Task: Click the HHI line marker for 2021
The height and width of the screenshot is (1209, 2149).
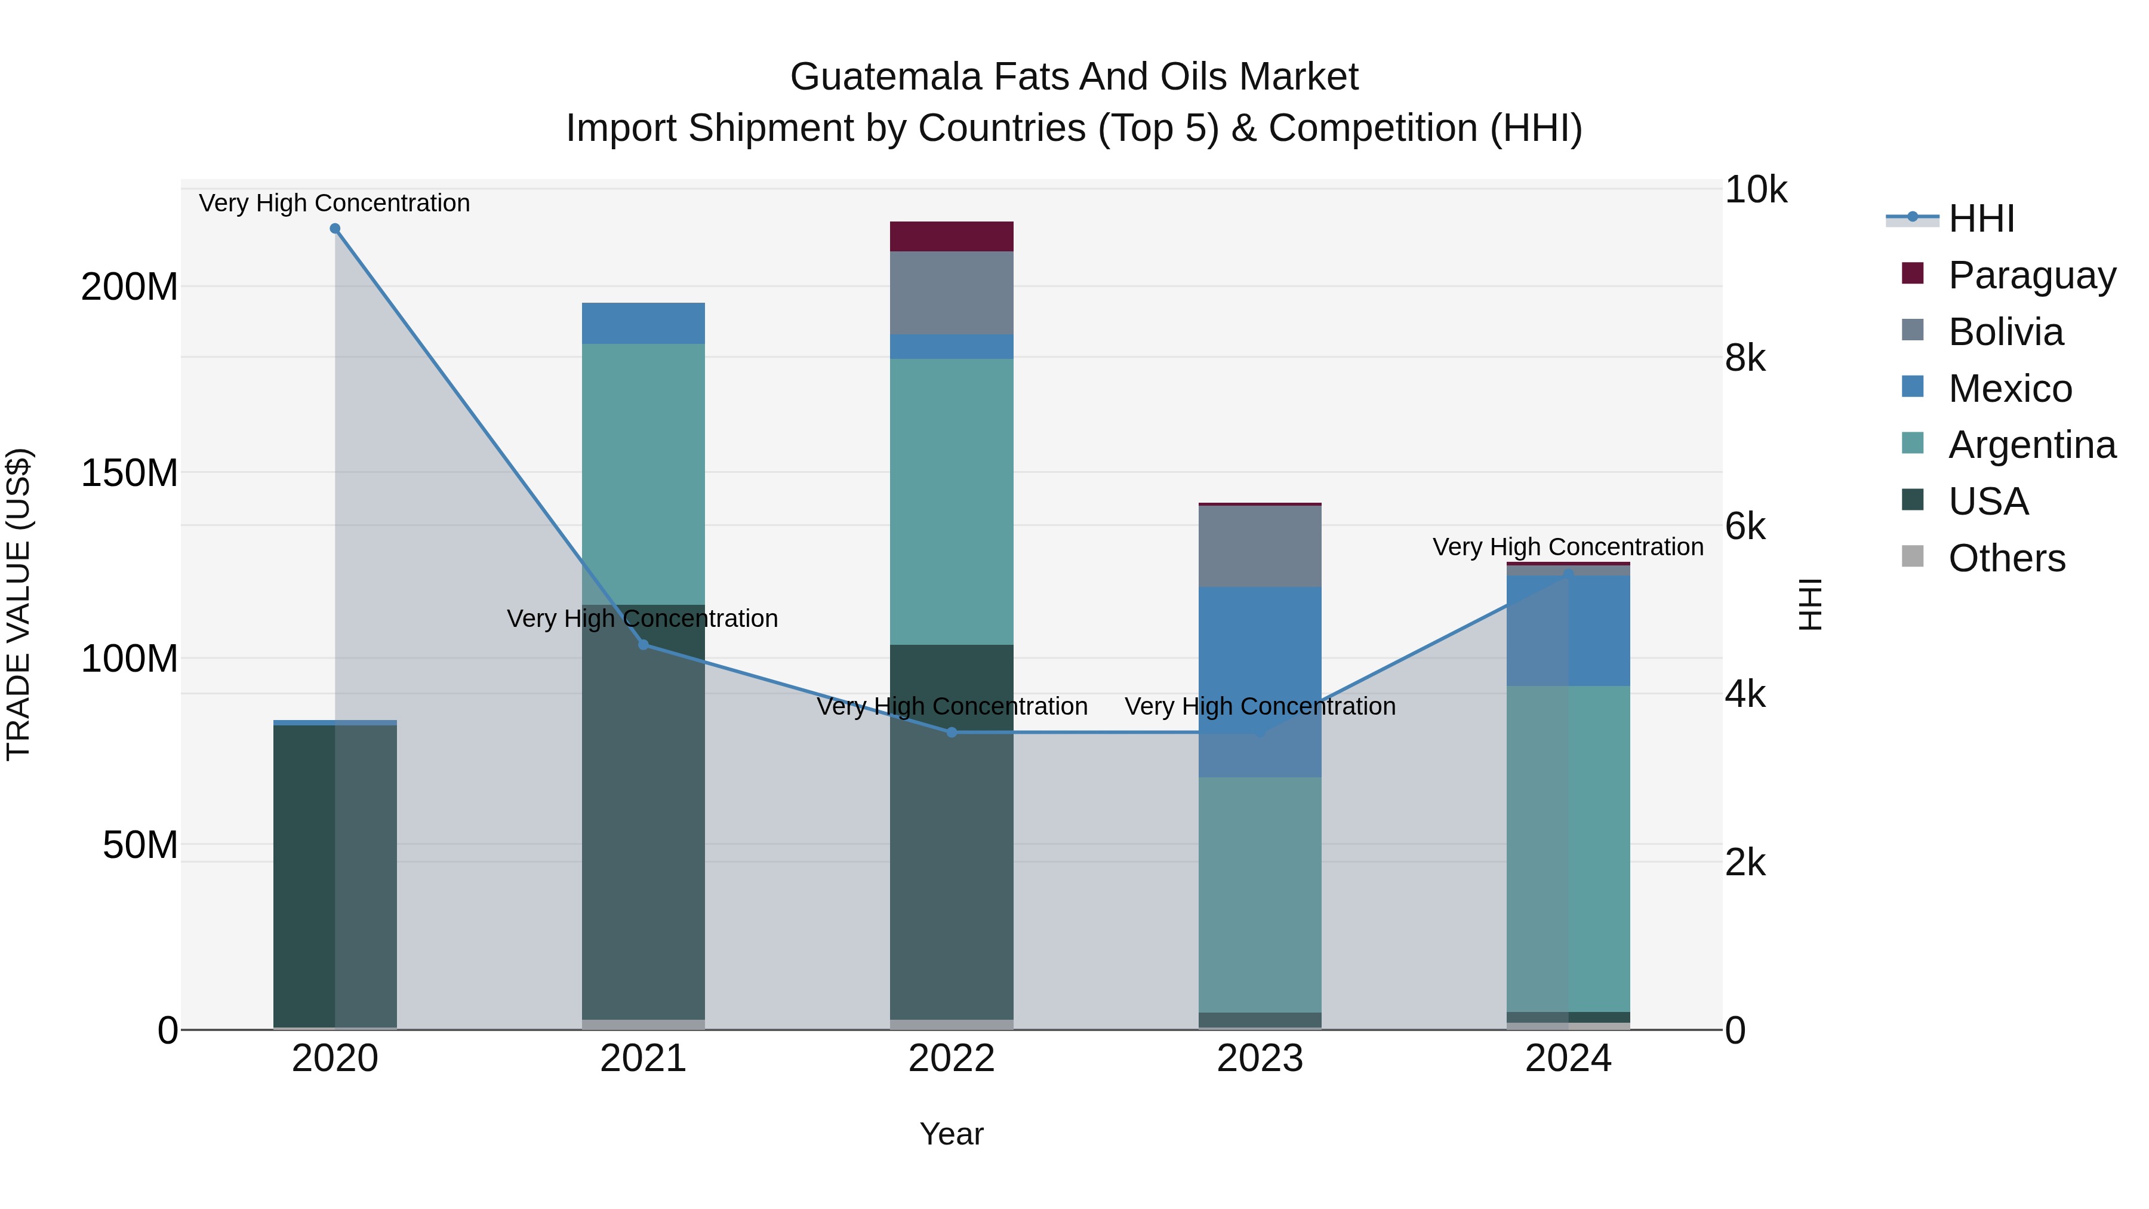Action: (643, 644)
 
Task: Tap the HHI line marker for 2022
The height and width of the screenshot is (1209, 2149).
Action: (952, 733)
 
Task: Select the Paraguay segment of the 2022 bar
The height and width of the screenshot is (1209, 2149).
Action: (952, 236)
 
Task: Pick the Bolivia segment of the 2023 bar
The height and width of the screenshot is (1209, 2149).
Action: (1260, 546)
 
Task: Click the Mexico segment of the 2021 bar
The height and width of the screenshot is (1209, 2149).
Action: (643, 323)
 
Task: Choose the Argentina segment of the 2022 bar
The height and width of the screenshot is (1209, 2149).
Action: (952, 501)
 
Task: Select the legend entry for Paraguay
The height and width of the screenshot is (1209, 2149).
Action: (2031, 275)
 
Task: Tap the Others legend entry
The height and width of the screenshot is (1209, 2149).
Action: (2006, 558)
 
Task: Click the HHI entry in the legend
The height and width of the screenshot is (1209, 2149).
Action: (1981, 219)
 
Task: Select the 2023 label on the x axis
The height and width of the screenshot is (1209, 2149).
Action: (1260, 1059)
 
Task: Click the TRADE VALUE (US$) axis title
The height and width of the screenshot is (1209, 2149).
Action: (19, 604)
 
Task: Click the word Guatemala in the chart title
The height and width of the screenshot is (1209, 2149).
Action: (886, 77)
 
